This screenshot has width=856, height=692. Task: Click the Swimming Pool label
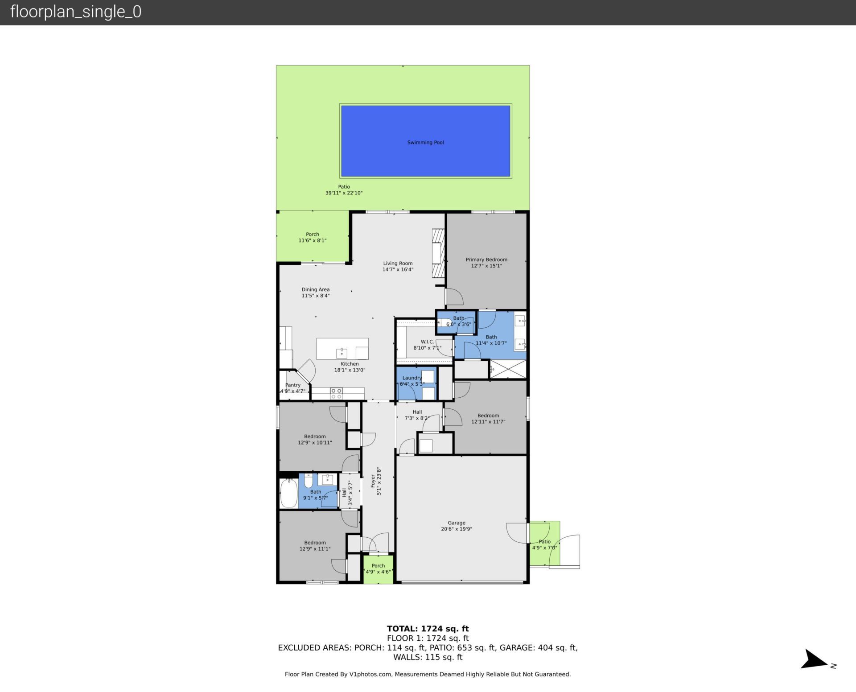(425, 143)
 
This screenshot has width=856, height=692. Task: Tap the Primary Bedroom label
(486, 259)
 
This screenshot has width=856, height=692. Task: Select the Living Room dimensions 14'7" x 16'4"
(398, 269)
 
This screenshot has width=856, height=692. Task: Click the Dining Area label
(315, 289)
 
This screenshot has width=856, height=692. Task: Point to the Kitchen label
(350, 364)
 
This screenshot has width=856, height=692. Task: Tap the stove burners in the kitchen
(336, 393)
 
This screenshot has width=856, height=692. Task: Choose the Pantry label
(293, 385)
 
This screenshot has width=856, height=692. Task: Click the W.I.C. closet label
(427, 342)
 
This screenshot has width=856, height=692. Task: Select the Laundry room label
(412, 378)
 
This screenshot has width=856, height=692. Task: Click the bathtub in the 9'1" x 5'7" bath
(289, 493)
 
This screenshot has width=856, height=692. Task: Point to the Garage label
(456, 523)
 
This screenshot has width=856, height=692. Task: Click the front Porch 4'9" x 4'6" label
(378, 566)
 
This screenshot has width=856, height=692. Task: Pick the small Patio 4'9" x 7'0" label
(544, 542)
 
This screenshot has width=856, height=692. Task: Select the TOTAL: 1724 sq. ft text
(428, 629)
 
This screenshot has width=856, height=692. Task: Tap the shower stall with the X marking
(508, 369)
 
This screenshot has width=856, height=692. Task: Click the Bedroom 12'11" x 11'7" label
(488, 416)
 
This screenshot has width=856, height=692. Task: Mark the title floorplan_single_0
(76, 12)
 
